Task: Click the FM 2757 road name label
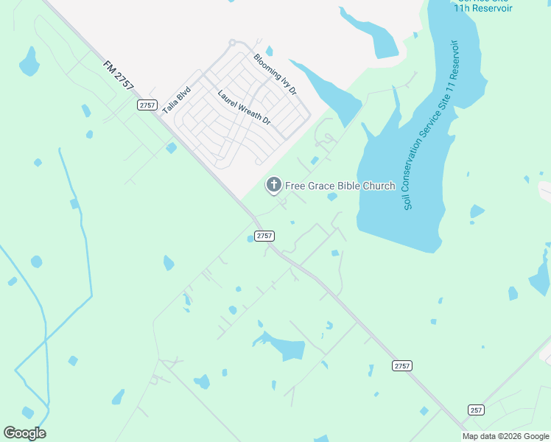(x=119, y=74)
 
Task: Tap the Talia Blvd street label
(x=176, y=99)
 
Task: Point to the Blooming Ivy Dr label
(x=274, y=74)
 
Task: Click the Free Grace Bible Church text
(x=340, y=186)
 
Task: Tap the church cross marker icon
(x=273, y=185)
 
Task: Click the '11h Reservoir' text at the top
(x=482, y=8)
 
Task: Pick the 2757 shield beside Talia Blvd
(x=147, y=105)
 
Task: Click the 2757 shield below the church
(x=264, y=236)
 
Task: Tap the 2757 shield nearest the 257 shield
(x=401, y=365)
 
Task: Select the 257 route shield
(x=476, y=409)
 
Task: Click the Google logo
(x=24, y=433)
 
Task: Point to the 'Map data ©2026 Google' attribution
(x=505, y=436)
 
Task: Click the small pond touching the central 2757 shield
(x=250, y=238)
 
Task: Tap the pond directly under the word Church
(x=332, y=197)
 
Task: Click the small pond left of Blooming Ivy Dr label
(x=269, y=51)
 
